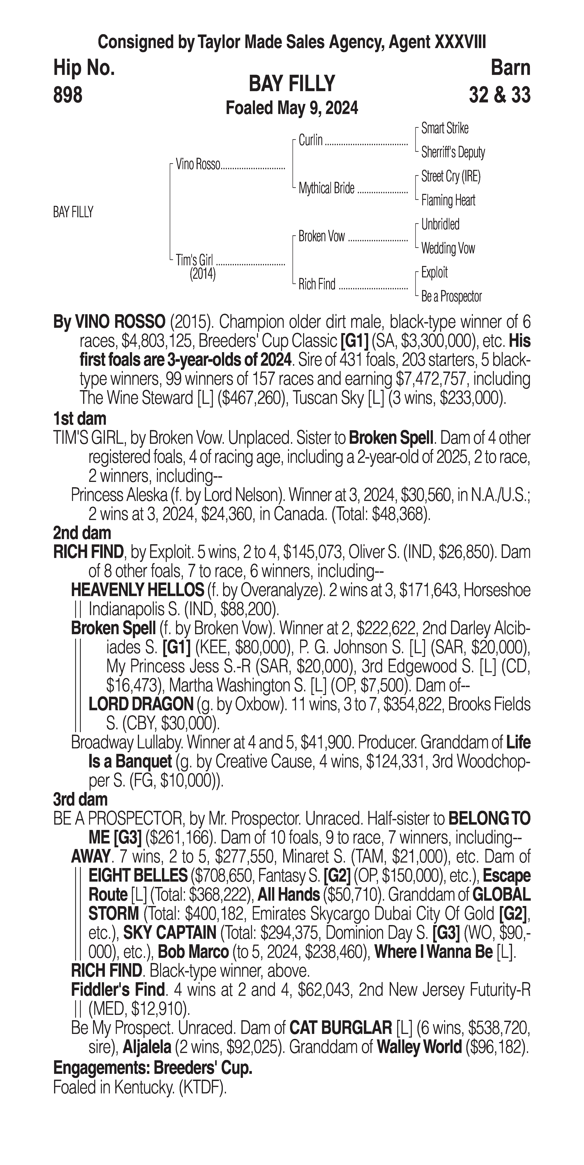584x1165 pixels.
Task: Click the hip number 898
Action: click(x=68, y=95)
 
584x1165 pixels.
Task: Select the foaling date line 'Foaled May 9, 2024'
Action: click(x=292, y=108)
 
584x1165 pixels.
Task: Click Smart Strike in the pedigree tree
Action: click(x=445, y=128)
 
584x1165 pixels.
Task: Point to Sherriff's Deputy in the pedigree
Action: click(x=453, y=152)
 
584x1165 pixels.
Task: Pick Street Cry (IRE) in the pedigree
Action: click(x=450, y=176)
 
